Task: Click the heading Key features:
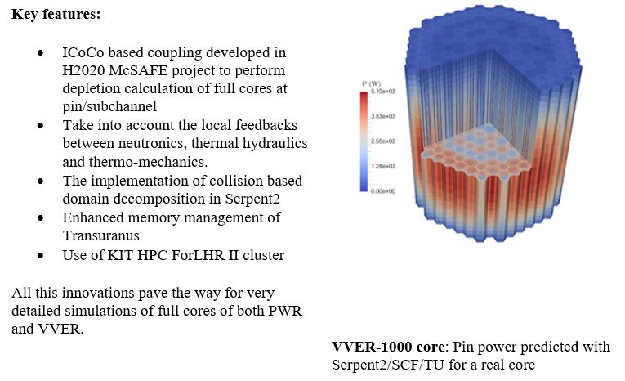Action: [56, 14]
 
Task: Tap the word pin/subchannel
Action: [109, 106]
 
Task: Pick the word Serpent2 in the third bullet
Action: [252, 199]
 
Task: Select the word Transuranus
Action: [100, 235]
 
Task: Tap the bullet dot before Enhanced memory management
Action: [40, 217]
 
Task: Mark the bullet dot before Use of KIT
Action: [40, 255]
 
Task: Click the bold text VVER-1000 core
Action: [388, 347]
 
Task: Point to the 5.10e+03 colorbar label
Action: [382, 92]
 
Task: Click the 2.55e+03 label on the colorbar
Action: [382, 141]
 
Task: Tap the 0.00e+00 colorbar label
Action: [382, 191]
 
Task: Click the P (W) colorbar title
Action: [372, 83]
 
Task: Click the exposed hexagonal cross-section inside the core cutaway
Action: [477, 154]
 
